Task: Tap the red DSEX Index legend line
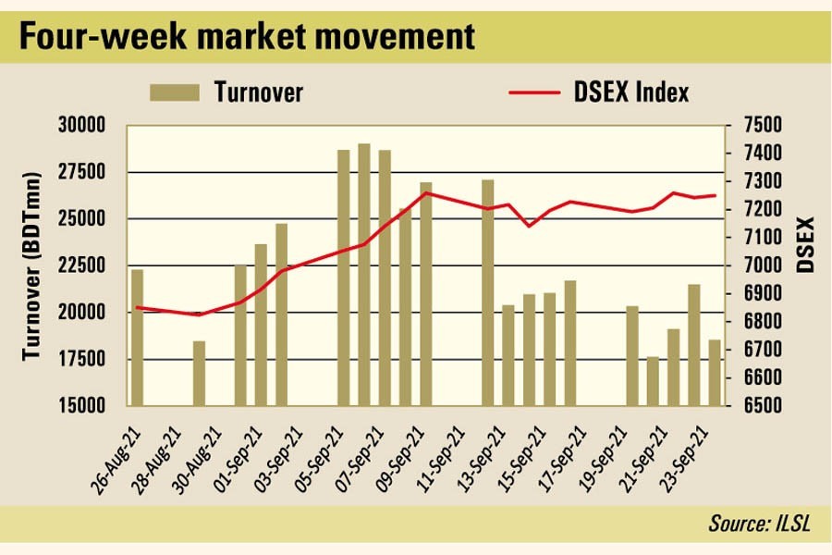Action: (534, 92)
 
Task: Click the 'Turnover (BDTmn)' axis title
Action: (33, 266)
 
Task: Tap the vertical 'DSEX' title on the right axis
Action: (805, 244)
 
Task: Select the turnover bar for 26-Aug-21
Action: (137, 338)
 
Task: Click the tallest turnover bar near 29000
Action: (364, 275)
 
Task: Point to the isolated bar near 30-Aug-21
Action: (199, 374)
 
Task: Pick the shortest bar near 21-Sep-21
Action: (653, 381)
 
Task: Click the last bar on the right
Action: (715, 373)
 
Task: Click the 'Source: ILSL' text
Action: (759, 524)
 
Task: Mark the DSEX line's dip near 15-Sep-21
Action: (529, 226)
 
